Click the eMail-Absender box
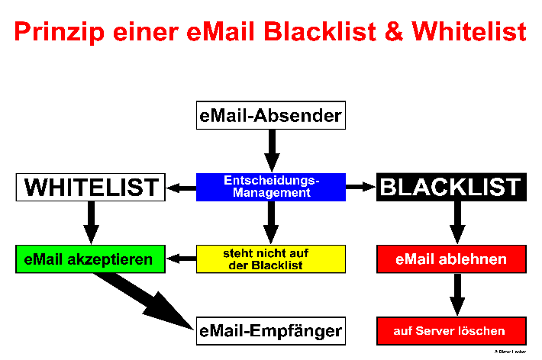(x=270, y=116)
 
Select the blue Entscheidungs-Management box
(x=270, y=187)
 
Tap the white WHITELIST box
(x=91, y=187)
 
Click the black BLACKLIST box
(x=450, y=187)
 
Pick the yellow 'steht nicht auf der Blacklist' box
(x=270, y=259)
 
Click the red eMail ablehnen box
(x=451, y=259)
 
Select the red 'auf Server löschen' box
(x=451, y=331)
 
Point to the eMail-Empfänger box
(x=270, y=331)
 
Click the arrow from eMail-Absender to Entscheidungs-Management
(x=270, y=149)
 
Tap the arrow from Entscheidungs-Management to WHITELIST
(x=181, y=188)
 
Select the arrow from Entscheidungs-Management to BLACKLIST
(x=361, y=187)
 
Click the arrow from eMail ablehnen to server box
(x=457, y=294)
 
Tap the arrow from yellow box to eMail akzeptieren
(x=181, y=259)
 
